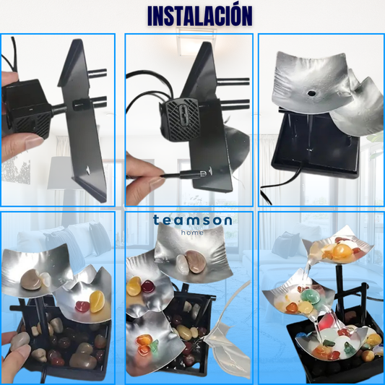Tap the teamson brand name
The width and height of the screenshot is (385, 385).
click(192, 220)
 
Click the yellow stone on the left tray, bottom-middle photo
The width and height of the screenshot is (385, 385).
click(134, 287)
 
